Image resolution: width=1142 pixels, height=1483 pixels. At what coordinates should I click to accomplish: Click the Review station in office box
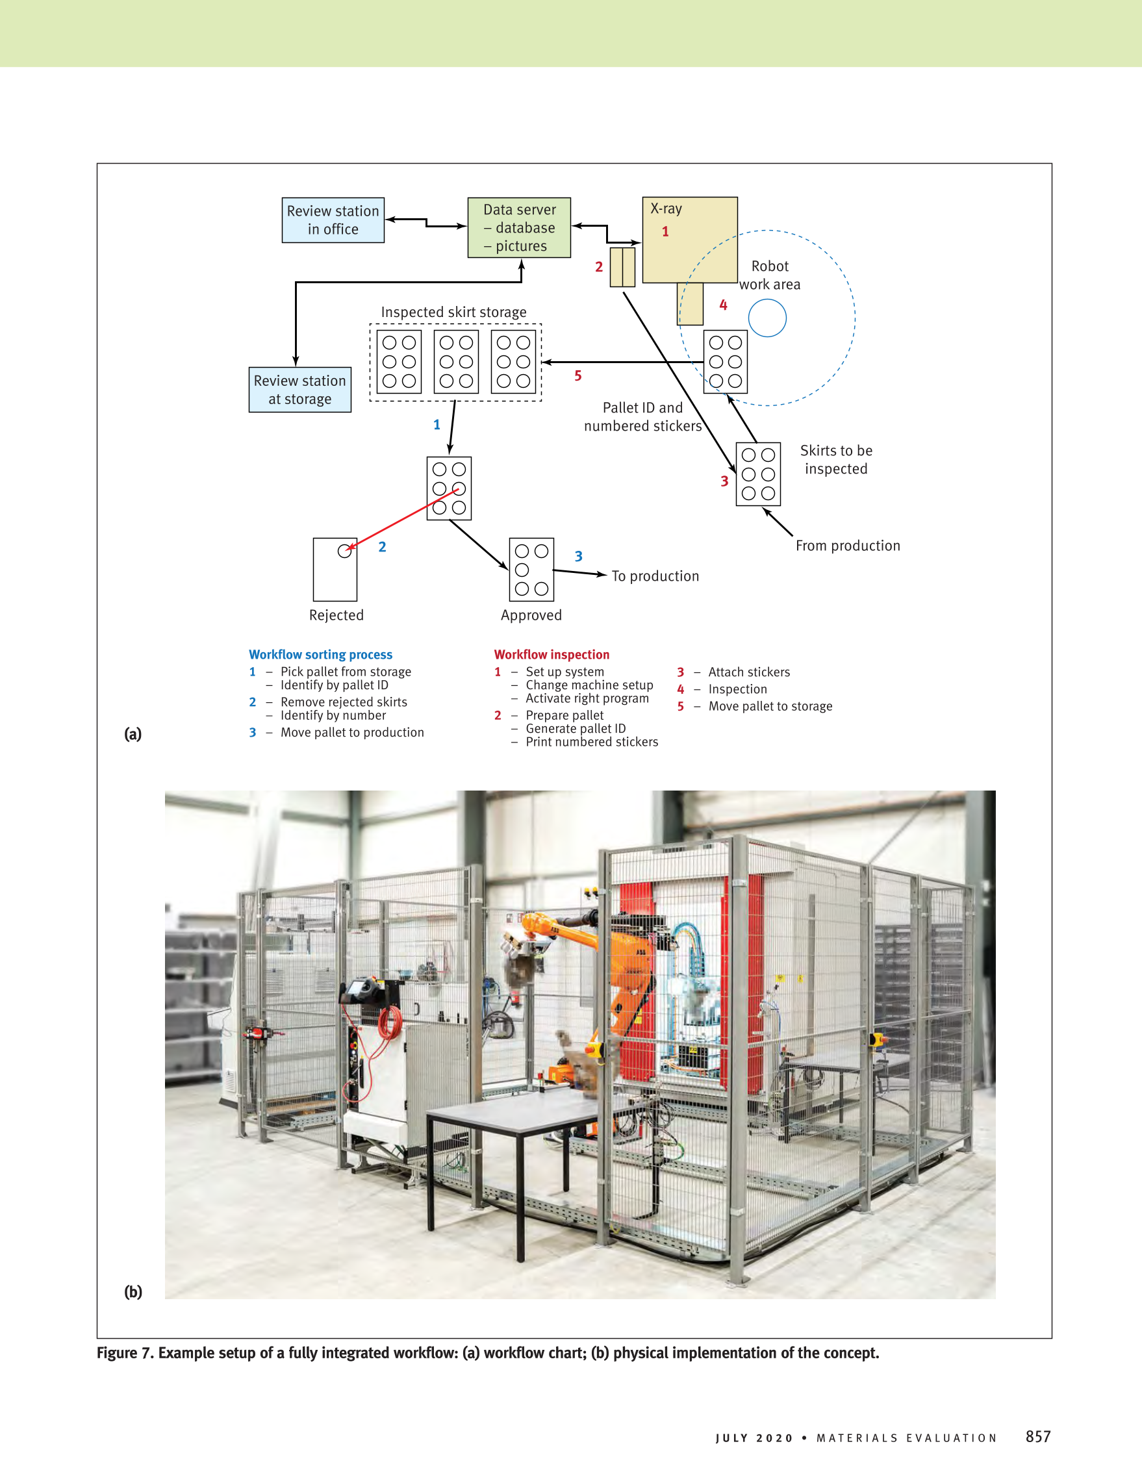coord(333,220)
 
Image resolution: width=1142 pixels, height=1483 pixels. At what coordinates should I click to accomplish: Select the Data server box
coord(519,227)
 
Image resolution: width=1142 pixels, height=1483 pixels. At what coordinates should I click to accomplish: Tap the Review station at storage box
coord(299,390)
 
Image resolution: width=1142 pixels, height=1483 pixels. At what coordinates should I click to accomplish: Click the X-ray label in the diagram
coord(665,209)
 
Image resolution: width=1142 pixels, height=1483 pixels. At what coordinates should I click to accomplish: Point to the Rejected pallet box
coord(335,570)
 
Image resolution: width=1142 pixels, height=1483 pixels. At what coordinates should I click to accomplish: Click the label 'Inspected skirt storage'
coord(453,312)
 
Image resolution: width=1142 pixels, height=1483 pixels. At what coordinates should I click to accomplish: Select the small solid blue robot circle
coord(767,318)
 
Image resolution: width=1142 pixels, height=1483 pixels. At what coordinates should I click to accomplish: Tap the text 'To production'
coord(655,576)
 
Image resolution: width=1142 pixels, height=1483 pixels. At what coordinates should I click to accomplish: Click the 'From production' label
coord(847,545)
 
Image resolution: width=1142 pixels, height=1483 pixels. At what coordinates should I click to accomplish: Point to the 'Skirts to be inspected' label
coord(836,460)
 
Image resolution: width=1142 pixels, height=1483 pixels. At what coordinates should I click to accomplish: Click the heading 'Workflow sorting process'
coord(320,655)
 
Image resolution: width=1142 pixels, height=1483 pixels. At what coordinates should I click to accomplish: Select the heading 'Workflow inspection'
coord(552,655)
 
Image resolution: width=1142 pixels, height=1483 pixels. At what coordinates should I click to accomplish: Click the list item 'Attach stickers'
coord(749,672)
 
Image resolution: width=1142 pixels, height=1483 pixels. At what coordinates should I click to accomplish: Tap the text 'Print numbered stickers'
coord(591,742)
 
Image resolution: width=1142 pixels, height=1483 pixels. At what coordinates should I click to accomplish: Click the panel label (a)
coord(133,734)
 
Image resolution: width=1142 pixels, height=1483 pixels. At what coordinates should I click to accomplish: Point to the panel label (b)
coord(133,1291)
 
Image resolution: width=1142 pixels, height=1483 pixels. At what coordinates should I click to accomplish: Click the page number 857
coord(1037,1437)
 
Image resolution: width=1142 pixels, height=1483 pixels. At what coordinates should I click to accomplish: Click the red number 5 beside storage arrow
coord(577,375)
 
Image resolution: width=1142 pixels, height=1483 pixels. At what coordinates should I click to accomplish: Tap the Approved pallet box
coord(531,570)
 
